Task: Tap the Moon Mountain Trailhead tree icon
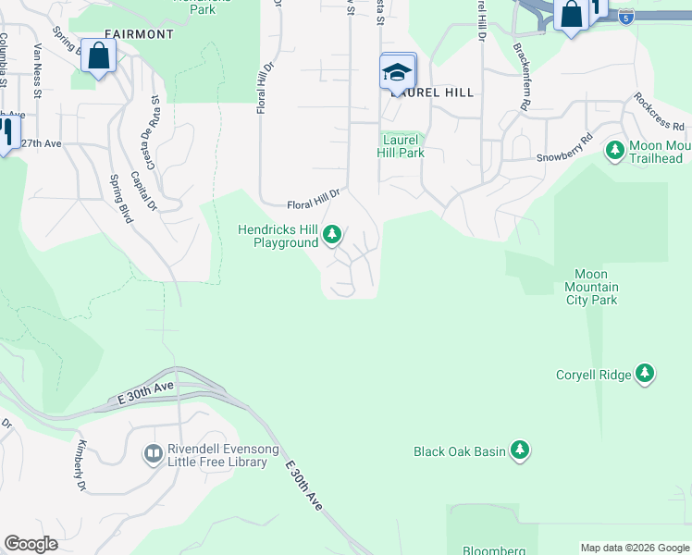tap(614, 150)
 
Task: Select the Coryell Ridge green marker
tap(645, 375)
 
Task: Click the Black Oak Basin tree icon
tap(520, 450)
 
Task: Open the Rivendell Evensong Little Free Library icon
tap(152, 453)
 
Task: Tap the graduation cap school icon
tap(398, 72)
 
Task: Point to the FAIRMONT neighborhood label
tap(139, 34)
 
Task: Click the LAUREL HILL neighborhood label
tap(433, 92)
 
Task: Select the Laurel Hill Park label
tap(401, 146)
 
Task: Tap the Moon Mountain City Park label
tap(591, 287)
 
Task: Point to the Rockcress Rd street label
tap(659, 111)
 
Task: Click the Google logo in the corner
tap(31, 544)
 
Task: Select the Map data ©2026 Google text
tap(634, 548)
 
